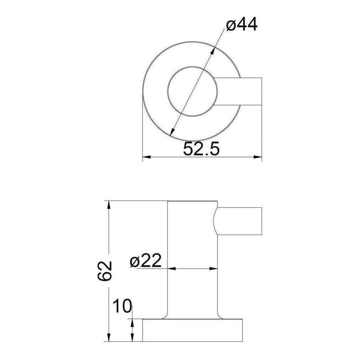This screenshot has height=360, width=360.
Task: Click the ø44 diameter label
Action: coord(242,26)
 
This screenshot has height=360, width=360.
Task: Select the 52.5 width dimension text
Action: coord(201,149)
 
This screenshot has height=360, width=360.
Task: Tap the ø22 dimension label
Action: coord(146,261)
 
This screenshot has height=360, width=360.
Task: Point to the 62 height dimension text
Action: coord(104,271)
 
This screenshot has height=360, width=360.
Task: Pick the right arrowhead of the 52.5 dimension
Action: coord(259,157)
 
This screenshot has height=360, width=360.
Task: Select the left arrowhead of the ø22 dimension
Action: coord(171,269)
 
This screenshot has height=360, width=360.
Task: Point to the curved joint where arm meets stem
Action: coord(215,221)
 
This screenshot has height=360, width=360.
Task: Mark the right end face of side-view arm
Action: coord(262,221)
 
